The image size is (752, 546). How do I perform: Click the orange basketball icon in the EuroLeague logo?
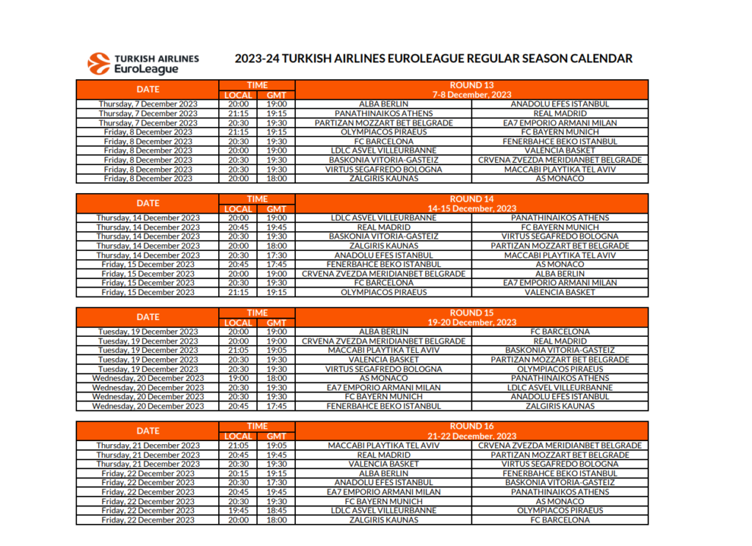[x=99, y=63]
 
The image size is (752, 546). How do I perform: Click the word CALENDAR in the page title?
[x=596, y=59]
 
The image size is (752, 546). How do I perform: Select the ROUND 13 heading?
[x=471, y=85]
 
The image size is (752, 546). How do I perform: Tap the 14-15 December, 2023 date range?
[x=471, y=208]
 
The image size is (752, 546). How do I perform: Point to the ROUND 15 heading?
[x=471, y=313]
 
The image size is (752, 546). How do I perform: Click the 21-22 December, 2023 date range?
[x=471, y=436]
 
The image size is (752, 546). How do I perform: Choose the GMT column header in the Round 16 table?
[x=276, y=436]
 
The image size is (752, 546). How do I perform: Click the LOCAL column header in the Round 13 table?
[x=238, y=95]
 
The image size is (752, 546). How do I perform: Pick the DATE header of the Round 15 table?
[x=148, y=317]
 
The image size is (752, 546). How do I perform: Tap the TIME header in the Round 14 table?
[x=257, y=199]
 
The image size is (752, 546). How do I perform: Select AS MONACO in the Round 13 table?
[x=560, y=178]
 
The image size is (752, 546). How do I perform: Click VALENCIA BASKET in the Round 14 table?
[x=560, y=292]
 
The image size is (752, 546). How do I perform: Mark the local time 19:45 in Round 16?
[x=238, y=510]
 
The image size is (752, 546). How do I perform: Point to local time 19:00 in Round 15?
[x=238, y=378]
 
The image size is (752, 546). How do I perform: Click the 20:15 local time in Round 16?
[x=238, y=473]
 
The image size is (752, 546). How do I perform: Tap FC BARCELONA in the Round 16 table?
[x=560, y=520]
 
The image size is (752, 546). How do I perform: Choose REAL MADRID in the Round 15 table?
[x=560, y=341]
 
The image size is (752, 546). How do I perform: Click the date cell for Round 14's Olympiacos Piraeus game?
[x=148, y=292]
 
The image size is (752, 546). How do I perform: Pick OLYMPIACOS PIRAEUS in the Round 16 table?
[x=560, y=510]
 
